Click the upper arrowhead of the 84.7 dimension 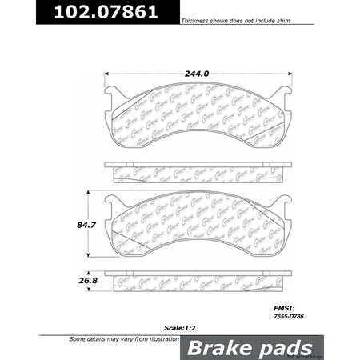(x=89, y=194)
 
